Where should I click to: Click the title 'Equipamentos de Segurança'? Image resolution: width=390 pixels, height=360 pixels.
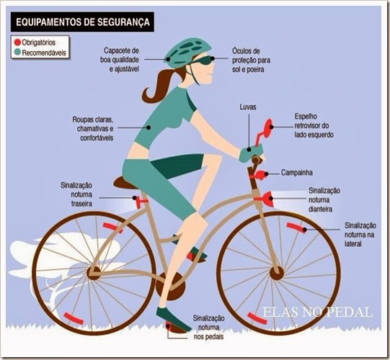83,22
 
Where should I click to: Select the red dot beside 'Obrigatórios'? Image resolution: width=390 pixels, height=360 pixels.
17,42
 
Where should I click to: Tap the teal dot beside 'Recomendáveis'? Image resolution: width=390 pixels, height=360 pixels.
17,52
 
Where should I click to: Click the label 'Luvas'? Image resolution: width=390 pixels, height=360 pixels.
248,107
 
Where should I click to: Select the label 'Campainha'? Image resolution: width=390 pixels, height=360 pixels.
297,173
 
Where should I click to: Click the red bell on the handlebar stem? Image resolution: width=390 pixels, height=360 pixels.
259,175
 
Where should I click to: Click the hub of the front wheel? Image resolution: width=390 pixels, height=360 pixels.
276,273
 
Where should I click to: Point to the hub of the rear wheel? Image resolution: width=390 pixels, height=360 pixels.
94,273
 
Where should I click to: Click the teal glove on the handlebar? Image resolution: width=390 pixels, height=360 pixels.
251,153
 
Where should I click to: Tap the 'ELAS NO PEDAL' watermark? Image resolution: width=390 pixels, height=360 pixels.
318,312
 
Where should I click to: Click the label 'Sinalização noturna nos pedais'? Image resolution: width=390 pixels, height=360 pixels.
208,328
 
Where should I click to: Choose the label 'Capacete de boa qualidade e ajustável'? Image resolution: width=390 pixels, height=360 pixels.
120,60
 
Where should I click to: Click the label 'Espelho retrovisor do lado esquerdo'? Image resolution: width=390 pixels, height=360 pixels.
314,125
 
